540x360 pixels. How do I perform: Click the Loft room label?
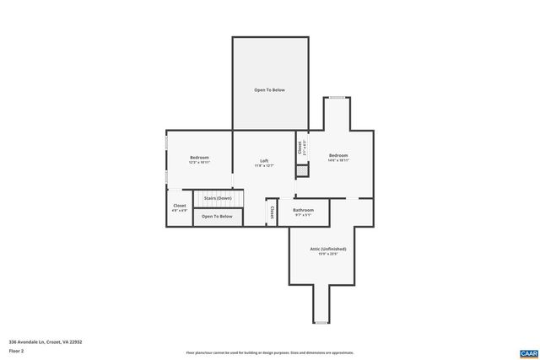(264, 161)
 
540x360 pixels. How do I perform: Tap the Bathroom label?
(303, 210)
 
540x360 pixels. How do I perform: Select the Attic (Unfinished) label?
(327, 249)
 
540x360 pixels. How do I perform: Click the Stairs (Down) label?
(218, 198)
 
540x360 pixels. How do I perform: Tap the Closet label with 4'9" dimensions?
(180, 206)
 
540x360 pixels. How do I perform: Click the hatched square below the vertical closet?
(302, 170)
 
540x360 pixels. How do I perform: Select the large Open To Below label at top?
(269, 89)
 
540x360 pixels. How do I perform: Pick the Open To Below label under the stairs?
(217, 217)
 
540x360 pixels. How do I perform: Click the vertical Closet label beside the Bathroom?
(272, 212)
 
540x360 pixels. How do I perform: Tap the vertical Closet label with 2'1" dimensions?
(300, 148)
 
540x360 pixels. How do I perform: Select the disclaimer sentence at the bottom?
(270, 353)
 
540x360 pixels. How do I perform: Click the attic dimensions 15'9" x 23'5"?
(327, 254)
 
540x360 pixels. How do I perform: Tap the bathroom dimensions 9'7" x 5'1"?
(303, 215)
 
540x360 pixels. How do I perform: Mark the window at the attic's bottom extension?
(321, 323)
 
